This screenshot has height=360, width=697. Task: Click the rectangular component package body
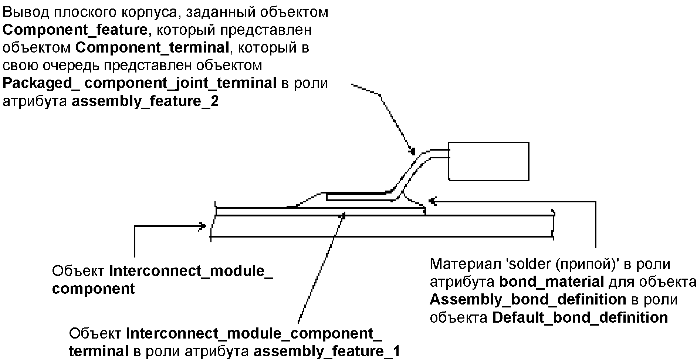tap(488, 161)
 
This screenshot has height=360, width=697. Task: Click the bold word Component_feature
tap(75, 30)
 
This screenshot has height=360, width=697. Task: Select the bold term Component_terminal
tap(152, 48)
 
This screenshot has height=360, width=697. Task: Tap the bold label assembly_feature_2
tap(145, 101)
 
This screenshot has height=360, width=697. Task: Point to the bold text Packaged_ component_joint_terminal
tap(139, 83)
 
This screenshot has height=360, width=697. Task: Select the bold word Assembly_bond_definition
tap(528, 300)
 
